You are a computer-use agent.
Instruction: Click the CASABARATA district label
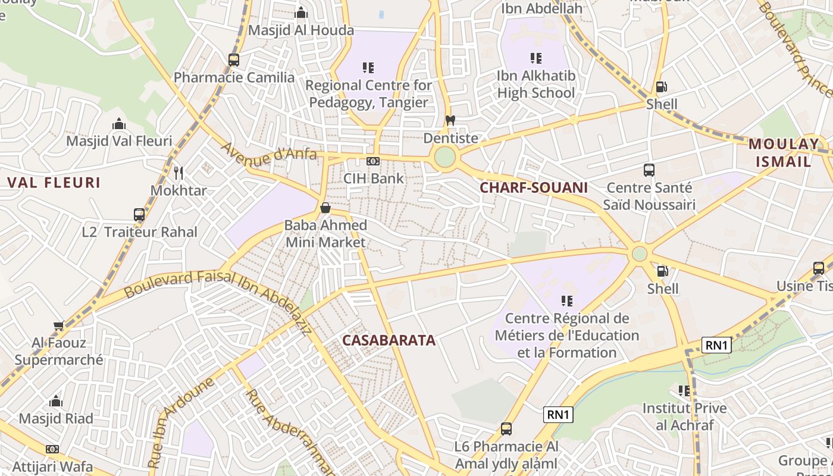(389, 340)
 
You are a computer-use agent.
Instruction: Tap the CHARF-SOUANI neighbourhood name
(534, 188)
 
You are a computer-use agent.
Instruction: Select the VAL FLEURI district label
(54, 183)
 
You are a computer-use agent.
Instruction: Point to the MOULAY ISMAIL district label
(783, 152)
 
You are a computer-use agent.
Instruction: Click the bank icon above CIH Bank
(373, 161)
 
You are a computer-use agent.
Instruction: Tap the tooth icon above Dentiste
(450, 121)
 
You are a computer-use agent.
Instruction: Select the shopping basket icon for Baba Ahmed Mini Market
(325, 208)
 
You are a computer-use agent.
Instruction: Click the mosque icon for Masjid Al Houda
(301, 12)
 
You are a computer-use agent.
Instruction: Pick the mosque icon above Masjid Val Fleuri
(119, 124)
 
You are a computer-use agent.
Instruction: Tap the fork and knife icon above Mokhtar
(178, 173)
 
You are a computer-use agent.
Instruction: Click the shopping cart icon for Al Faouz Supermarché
(58, 325)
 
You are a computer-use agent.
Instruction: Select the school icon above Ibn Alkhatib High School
(536, 58)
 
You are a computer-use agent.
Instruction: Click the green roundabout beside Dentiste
(444, 158)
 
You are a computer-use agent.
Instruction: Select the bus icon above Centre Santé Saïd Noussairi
(649, 170)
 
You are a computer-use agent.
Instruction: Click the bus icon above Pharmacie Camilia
(234, 59)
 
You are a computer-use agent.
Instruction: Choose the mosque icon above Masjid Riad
(56, 401)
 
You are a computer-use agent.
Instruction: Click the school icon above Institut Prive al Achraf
(684, 391)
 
